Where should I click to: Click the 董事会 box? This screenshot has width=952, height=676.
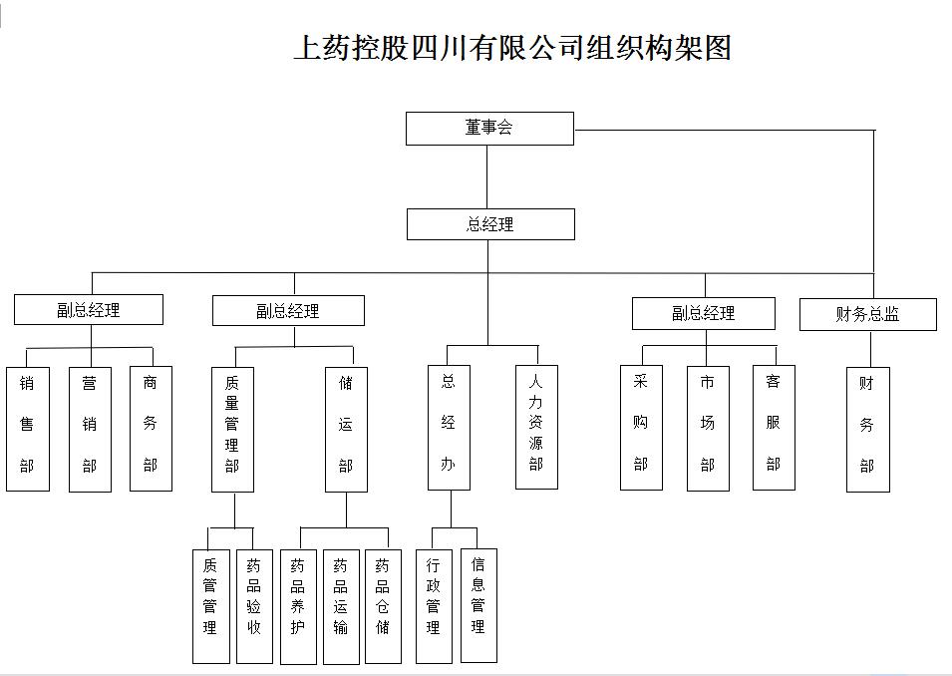click(489, 128)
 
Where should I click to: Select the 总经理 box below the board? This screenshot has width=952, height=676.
click(490, 224)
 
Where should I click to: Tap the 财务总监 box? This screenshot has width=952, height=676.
click(867, 315)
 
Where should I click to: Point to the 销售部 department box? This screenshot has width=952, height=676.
click(28, 429)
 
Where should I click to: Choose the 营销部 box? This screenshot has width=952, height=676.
click(90, 429)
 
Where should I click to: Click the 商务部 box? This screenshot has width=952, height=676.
click(151, 429)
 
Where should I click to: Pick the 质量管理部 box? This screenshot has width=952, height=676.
click(232, 429)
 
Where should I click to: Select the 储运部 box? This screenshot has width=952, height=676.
click(346, 429)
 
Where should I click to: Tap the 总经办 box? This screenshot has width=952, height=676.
click(449, 429)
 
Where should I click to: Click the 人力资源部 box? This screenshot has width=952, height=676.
click(536, 427)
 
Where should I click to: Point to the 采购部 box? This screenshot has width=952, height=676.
click(641, 428)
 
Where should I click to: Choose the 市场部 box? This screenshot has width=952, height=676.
click(708, 428)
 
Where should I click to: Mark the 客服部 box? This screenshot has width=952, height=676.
click(774, 428)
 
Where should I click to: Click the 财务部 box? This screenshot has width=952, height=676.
click(867, 429)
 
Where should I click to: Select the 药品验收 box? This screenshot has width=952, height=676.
click(254, 605)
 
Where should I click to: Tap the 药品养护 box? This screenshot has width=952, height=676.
click(297, 605)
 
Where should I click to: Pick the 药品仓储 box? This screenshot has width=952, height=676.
click(383, 605)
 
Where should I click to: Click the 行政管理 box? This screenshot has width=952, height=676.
click(433, 605)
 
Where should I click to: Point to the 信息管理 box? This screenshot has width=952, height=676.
click(478, 605)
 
